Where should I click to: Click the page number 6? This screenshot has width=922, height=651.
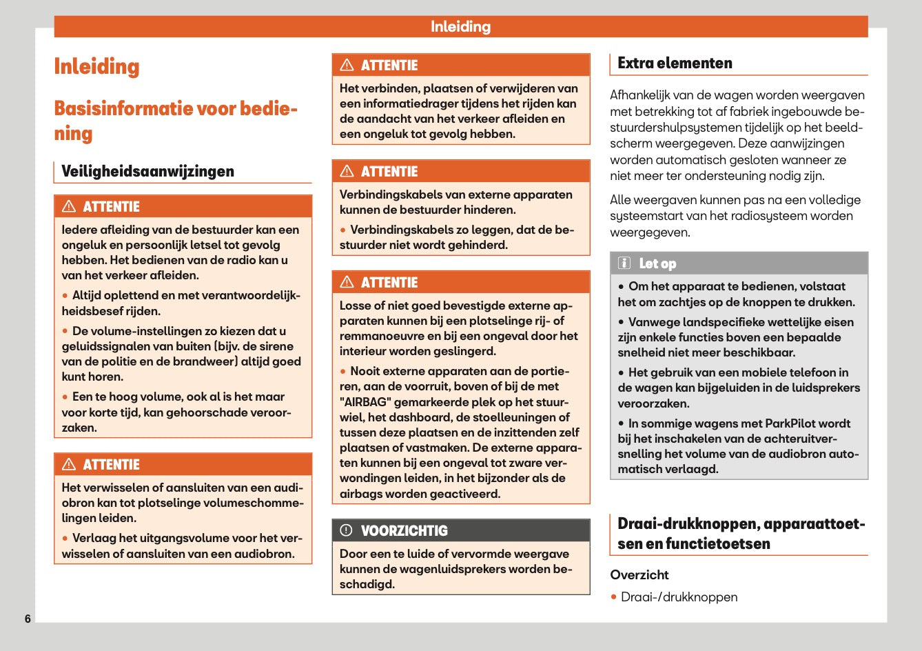(28, 619)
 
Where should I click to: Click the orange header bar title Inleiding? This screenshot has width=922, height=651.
(460, 27)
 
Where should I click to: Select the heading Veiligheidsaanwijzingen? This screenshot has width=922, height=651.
(147, 171)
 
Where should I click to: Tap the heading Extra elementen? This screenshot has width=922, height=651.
(675, 63)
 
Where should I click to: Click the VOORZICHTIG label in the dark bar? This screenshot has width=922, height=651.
(404, 531)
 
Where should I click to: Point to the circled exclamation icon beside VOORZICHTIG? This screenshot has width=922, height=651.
(346, 530)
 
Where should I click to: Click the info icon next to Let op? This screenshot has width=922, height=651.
(624, 263)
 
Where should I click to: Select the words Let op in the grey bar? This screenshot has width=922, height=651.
(657, 263)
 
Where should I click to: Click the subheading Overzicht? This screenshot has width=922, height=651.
(639, 574)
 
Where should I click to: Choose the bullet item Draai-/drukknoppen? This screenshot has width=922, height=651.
(679, 597)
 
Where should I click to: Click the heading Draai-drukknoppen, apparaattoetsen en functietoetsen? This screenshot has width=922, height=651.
(741, 534)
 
